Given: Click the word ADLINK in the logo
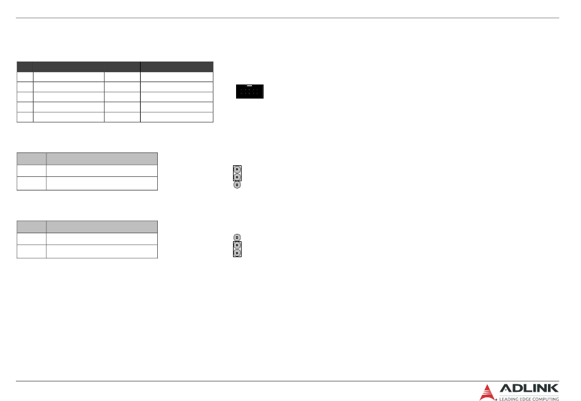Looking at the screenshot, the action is click(529, 388).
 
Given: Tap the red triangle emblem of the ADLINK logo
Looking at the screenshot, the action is click(487, 392).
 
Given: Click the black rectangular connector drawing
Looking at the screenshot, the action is click(250, 91).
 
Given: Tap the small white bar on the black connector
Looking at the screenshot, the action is click(250, 86).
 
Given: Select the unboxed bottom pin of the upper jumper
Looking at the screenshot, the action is click(237, 184).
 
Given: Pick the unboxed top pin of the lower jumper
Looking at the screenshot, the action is click(237, 238).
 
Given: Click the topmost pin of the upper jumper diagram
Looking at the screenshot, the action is click(237, 170).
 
